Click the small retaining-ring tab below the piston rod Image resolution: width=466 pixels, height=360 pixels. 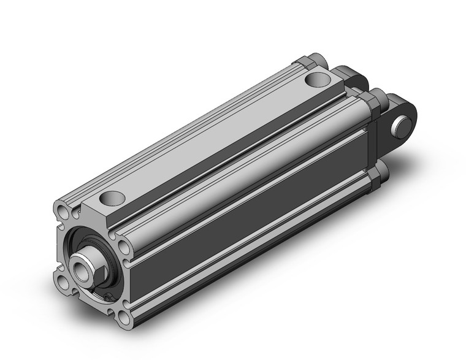108,299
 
